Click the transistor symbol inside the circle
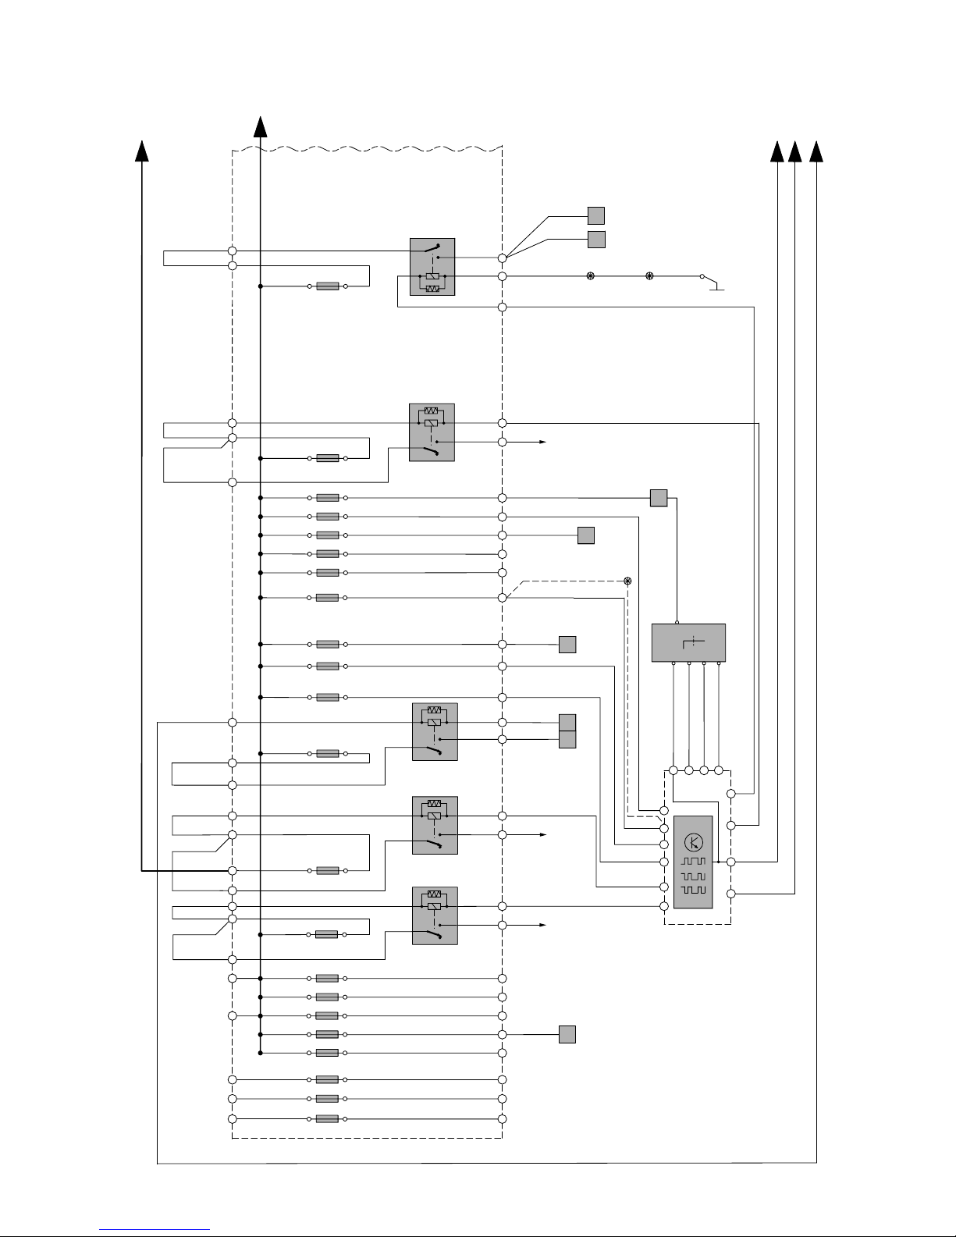pyautogui.click(x=693, y=842)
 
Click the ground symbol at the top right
pyautogui.click(x=716, y=289)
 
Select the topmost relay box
pyautogui.click(x=432, y=267)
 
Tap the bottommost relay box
pyautogui.click(x=435, y=915)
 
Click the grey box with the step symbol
pyautogui.click(x=688, y=642)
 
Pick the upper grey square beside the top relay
pyautogui.click(x=596, y=215)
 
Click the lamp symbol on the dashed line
pyautogui.click(x=627, y=581)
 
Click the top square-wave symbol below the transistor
pyautogui.click(x=693, y=862)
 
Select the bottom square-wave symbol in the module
pyautogui.click(x=693, y=890)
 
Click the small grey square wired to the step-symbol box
pyautogui.click(x=658, y=498)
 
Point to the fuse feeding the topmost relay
pyautogui.click(x=328, y=286)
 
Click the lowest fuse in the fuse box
pyautogui.click(x=327, y=1118)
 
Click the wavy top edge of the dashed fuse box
pyautogui.click(x=367, y=148)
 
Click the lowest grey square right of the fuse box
pyautogui.click(x=567, y=1035)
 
